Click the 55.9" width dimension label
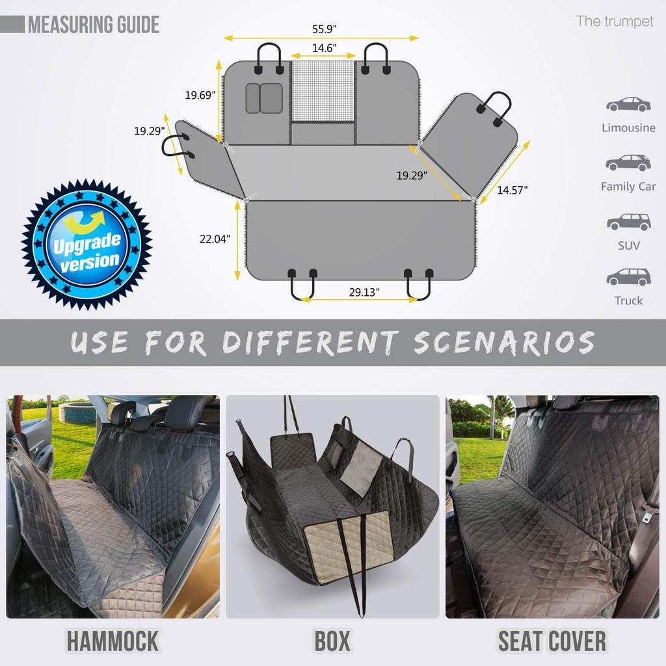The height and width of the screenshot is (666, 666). (x=323, y=29)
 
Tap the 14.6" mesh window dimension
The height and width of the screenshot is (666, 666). (x=323, y=48)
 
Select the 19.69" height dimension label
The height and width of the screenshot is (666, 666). (x=200, y=95)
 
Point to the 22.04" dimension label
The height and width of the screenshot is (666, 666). (x=215, y=239)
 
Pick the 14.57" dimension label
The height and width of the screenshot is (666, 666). (x=513, y=190)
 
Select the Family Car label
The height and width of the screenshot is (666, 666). (x=628, y=187)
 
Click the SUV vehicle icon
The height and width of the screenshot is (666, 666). (x=628, y=222)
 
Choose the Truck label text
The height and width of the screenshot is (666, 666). (x=628, y=300)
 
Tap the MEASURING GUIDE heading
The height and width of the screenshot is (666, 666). (x=93, y=25)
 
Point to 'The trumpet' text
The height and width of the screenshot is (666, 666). (x=614, y=21)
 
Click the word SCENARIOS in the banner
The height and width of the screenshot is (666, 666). (x=504, y=342)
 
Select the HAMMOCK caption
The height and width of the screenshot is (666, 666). (x=112, y=641)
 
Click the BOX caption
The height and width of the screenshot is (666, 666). (x=332, y=641)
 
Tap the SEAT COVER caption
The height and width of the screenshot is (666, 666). (x=552, y=641)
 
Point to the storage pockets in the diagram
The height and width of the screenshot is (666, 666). (x=264, y=98)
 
